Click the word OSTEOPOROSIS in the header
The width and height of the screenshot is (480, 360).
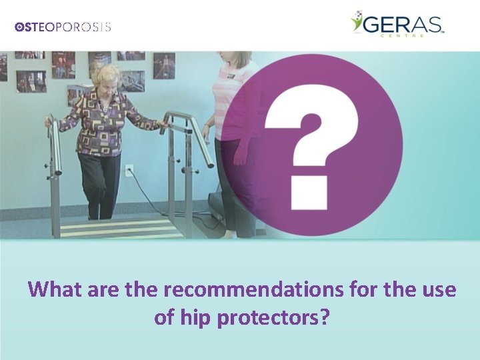[x=63, y=27]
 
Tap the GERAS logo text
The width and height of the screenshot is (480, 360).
[x=404, y=25]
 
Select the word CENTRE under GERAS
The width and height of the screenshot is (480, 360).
[x=418, y=37]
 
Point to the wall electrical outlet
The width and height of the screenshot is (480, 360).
[x=130, y=170]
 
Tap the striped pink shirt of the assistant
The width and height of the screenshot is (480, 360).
[x=233, y=100]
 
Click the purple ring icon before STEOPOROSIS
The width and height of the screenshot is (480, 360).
[x=19, y=27]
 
